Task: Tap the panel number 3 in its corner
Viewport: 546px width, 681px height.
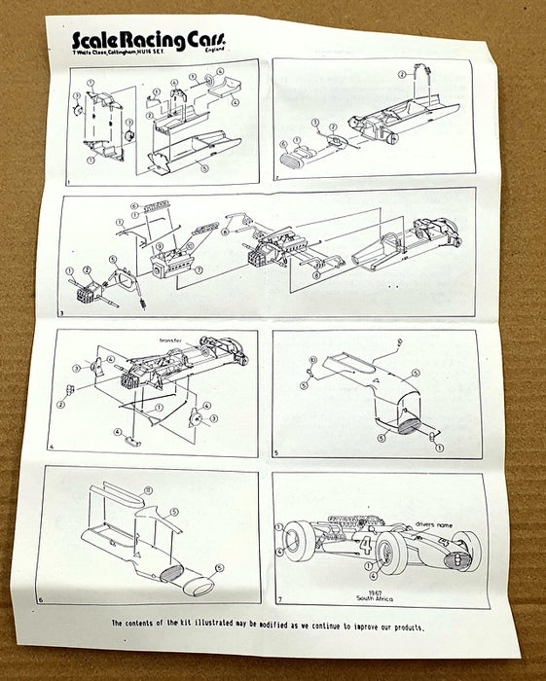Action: (61, 313)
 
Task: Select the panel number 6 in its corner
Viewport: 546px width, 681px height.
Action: (40, 600)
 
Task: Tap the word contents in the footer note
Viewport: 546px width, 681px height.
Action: (144, 624)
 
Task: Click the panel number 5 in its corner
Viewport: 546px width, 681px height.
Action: (276, 453)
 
